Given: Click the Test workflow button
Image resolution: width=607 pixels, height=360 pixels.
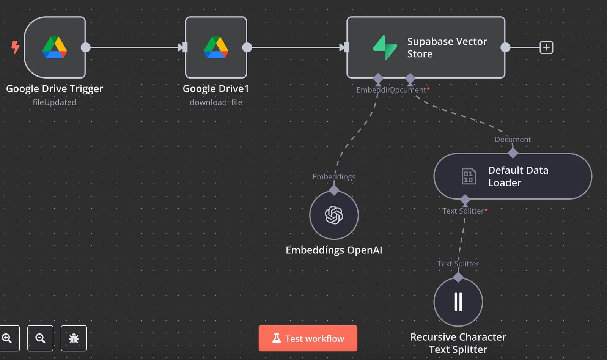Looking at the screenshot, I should click(308, 338).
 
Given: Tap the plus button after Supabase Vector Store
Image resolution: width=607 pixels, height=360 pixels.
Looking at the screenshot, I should click(546, 47).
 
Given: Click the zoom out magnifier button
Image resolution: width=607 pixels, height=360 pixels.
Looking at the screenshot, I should click(40, 338).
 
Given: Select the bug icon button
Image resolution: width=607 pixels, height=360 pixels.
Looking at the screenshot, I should click(74, 338).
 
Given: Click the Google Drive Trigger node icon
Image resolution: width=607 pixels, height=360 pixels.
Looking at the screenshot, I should click(55, 47).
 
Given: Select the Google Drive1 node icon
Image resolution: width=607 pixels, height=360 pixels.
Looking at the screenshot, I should click(216, 47).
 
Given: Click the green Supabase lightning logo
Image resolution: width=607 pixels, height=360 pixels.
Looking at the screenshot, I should click(385, 47).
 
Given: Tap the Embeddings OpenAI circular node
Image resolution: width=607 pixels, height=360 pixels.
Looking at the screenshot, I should click(334, 215).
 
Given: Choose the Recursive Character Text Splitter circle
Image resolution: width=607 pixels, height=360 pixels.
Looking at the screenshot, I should click(458, 302).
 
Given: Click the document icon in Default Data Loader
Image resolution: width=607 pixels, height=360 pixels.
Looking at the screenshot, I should click(469, 176).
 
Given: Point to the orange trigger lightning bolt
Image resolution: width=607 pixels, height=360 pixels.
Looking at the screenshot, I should click(15, 47).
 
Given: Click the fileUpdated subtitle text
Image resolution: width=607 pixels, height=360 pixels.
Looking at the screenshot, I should click(55, 102).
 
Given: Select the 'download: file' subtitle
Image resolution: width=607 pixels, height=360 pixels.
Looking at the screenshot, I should click(216, 102).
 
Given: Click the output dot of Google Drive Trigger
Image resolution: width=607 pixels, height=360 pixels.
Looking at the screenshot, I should click(86, 47).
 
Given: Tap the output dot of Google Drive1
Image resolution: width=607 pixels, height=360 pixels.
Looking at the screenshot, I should click(247, 47).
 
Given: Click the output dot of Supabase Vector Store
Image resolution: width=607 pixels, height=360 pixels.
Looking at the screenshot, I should click(505, 47).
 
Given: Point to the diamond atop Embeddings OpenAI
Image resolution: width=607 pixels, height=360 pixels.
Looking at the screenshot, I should click(334, 190).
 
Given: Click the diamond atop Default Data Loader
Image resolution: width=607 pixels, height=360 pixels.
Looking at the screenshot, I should click(513, 153).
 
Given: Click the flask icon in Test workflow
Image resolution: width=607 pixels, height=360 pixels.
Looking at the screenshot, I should click(277, 338).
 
